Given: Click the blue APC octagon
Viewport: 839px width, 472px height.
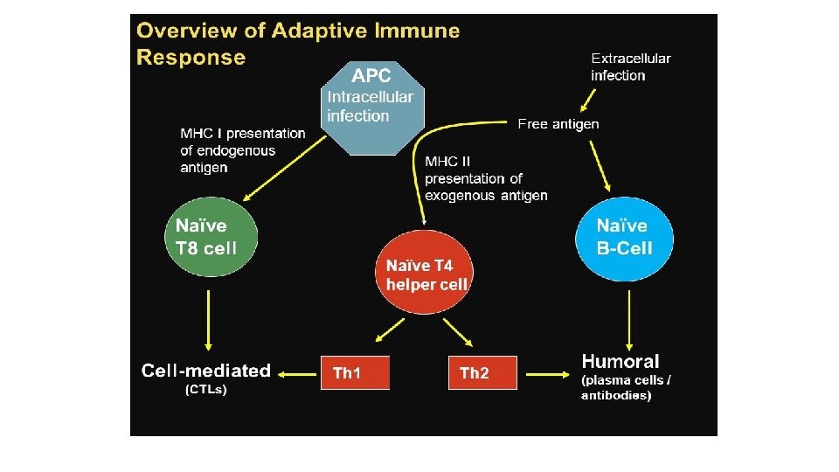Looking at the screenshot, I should (x=372, y=106).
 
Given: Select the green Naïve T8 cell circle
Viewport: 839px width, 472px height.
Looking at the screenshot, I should (x=207, y=236).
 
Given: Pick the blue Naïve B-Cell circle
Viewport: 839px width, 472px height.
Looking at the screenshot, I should (x=624, y=236).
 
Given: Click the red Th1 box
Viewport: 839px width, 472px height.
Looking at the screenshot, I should (x=355, y=373).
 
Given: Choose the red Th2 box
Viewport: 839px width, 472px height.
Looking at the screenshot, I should (x=482, y=373).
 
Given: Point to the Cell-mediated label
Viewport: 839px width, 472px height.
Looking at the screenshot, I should (x=206, y=371).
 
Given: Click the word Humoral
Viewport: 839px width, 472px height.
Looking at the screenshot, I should (x=621, y=361).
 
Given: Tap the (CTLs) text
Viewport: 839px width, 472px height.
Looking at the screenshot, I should (x=206, y=391).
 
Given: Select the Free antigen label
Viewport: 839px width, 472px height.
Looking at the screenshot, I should (x=558, y=124).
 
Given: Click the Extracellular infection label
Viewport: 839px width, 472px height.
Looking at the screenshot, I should (x=630, y=67).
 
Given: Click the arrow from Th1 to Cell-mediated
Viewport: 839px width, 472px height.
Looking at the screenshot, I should (x=297, y=373).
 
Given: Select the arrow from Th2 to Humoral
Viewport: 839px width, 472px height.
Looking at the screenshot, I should (x=547, y=373).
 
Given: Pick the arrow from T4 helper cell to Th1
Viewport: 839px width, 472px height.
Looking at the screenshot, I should (x=386, y=331).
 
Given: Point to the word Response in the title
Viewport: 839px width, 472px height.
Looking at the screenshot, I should (x=191, y=58).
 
